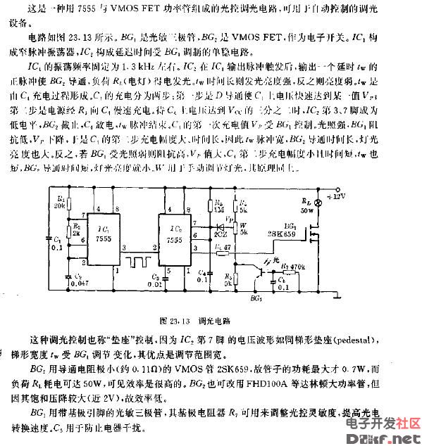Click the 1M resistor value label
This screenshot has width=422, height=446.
[221, 209]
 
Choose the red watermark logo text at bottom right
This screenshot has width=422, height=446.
[382, 422]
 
